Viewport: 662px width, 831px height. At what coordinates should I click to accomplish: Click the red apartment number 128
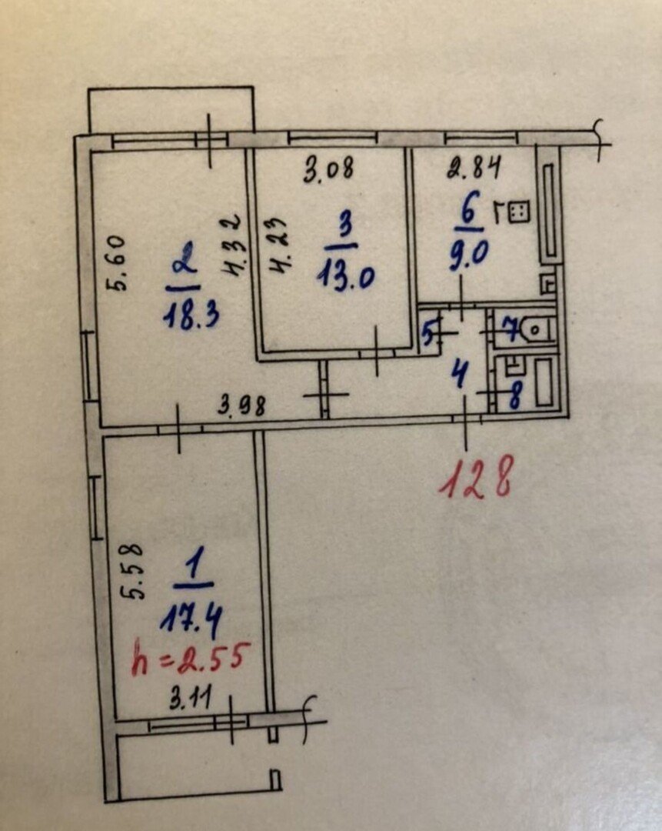(x=476, y=479)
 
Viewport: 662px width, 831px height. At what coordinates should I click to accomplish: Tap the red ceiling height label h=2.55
(x=188, y=659)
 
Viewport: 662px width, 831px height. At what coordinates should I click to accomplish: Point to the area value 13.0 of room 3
(x=346, y=276)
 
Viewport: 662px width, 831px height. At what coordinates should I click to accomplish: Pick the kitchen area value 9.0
(x=468, y=256)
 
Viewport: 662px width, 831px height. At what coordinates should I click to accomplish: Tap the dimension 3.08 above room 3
(x=328, y=169)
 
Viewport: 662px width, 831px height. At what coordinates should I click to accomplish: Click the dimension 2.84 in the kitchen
(x=474, y=169)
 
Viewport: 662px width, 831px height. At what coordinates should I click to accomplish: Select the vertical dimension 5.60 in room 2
(x=118, y=263)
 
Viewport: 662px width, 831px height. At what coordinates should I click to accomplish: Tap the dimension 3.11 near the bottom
(x=190, y=699)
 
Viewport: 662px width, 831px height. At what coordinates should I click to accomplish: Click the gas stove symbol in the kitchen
(x=519, y=212)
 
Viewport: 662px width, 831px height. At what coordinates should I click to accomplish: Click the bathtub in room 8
(x=544, y=382)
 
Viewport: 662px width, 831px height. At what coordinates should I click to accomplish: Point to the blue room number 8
(x=513, y=397)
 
